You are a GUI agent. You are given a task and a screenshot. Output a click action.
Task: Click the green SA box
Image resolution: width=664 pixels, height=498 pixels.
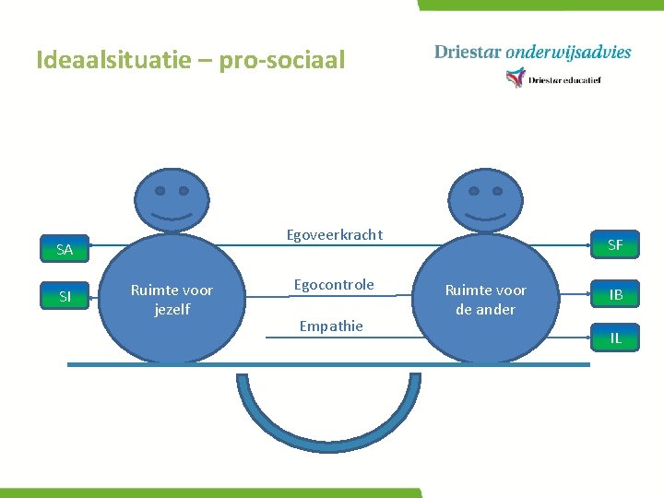click(x=65, y=249)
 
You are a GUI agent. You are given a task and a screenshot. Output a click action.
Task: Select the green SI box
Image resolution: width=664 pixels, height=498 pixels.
click(x=65, y=296)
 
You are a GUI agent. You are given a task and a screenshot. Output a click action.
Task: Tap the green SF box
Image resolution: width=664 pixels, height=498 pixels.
click(x=615, y=245)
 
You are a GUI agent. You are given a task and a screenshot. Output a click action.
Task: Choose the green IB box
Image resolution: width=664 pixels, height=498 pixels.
click(x=615, y=295)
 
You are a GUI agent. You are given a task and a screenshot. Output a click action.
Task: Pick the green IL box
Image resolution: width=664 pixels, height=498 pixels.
click(x=615, y=338)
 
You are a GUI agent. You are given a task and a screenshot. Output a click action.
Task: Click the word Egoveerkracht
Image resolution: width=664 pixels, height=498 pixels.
click(x=334, y=234)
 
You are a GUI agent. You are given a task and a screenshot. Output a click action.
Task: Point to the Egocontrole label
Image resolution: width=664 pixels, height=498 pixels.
click(x=334, y=284)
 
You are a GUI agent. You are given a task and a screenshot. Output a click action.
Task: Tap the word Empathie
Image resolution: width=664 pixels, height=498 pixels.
click(x=331, y=326)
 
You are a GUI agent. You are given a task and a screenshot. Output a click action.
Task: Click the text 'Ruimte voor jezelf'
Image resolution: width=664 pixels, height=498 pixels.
click(x=172, y=300)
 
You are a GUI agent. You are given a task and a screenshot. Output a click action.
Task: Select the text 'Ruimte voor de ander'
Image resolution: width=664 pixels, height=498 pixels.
click(x=485, y=300)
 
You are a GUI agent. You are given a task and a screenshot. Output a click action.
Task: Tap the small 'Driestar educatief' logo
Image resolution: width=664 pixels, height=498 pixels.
click(x=553, y=79)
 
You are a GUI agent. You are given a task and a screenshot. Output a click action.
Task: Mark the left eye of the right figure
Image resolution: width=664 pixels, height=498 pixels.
click(x=474, y=192)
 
